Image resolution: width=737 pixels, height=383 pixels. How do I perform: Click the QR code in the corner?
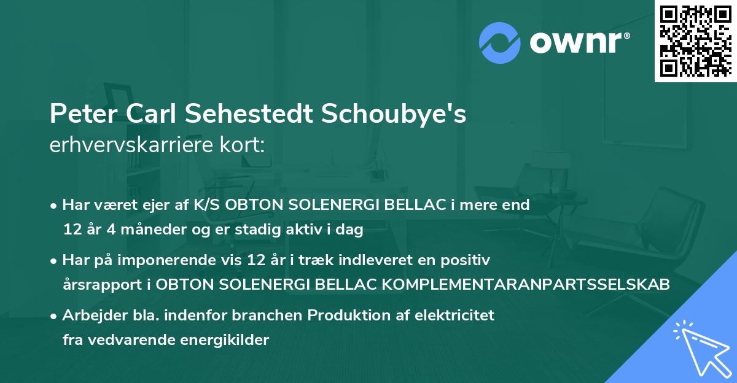pos(695,41)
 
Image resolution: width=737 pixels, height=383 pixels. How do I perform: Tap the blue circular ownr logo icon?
pos(500,43)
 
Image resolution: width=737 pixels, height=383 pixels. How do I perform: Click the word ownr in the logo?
pos(576,43)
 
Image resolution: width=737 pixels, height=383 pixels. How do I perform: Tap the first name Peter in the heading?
pos(84,114)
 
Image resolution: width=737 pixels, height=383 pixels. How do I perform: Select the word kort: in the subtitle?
pos(242,145)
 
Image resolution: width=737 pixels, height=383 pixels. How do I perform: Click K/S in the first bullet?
pos(206,205)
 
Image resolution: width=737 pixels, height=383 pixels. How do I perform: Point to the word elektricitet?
pos(454,315)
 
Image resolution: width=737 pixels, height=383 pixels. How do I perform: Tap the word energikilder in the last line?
pos(224,340)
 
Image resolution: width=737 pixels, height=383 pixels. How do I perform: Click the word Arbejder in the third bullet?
pos(95,316)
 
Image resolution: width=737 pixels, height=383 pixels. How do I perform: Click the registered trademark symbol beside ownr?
pos(626,36)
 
